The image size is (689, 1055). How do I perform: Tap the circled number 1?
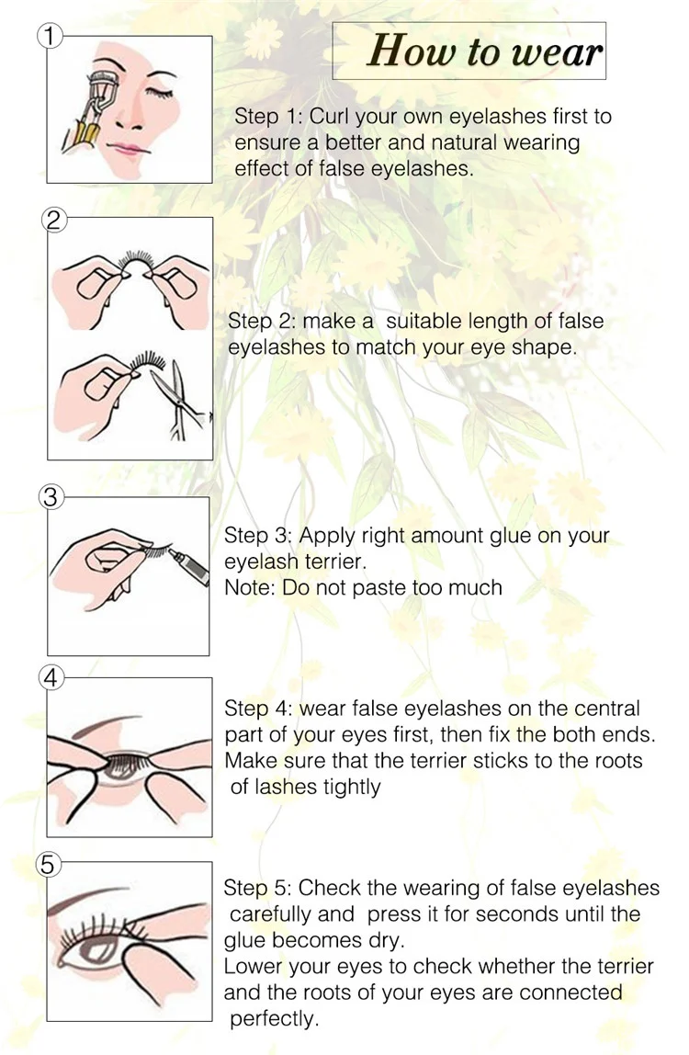(49, 37)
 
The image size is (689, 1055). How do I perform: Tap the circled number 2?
(54, 219)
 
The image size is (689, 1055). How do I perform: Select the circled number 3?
(51, 497)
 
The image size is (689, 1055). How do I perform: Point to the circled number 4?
(51, 678)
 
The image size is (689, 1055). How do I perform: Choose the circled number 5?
(51, 864)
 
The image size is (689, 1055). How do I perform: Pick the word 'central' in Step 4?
(607, 709)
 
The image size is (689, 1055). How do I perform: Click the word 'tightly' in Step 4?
(348, 787)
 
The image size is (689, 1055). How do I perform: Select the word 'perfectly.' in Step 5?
(274, 1018)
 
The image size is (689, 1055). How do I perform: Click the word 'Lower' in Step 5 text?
(252, 966)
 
